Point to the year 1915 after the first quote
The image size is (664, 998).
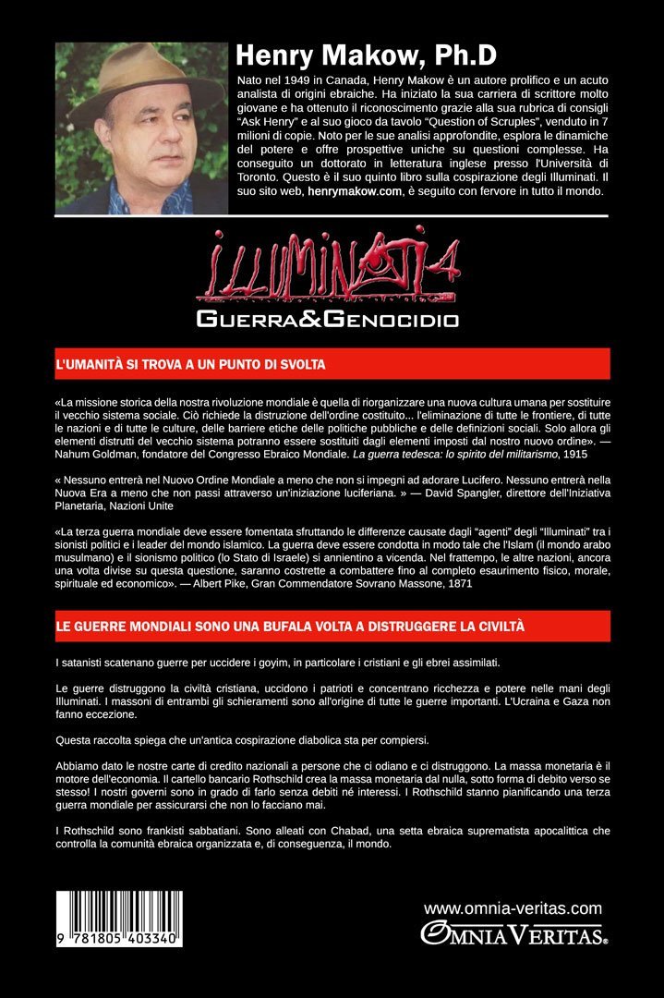point(441,455)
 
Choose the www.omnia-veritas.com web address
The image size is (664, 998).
point(513,908)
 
